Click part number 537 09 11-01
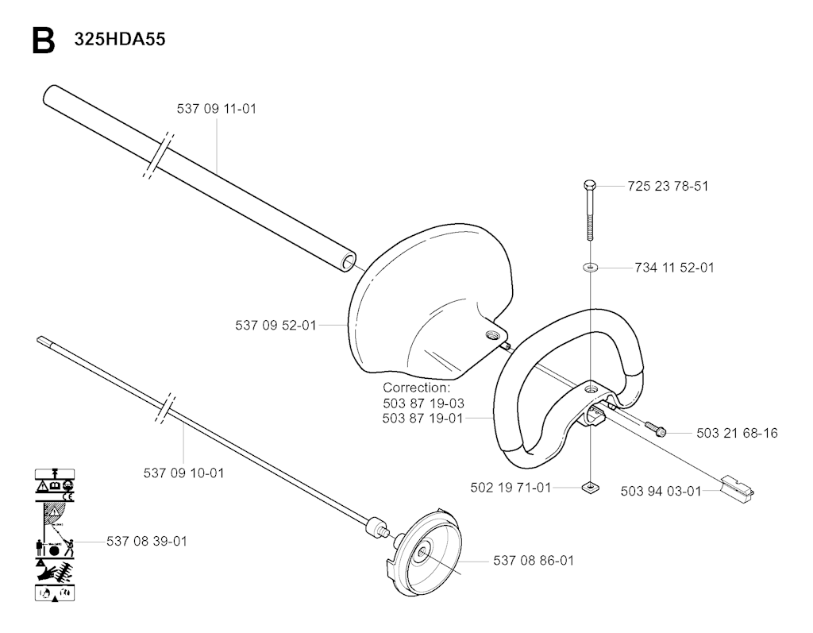tap(217, 109)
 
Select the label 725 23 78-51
tap(668, 186)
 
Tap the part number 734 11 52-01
tap(675, 268)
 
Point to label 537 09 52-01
tap(275, 326)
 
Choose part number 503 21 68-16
tap(738, 433)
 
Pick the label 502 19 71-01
tap(511, 488)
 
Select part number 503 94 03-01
tap(661, 491)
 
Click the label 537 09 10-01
tap(184, 473)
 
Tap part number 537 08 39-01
tap(147, 541)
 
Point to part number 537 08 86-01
tap(534, 561)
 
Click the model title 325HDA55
tap(120, 40)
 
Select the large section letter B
tap(44, 41)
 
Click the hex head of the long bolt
tap(590, 185)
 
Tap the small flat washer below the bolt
tap(590, 268)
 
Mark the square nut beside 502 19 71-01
tap(590, 487)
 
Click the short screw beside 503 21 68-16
tap(655, 429)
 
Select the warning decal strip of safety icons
tap(55, 535)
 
